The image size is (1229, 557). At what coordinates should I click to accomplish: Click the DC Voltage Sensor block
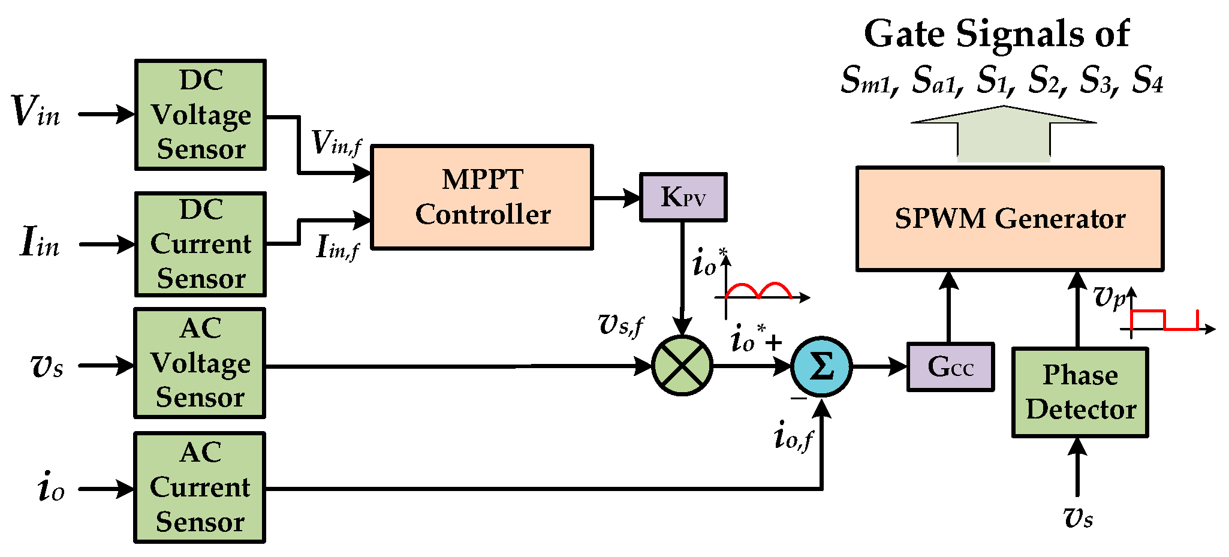[200, 115]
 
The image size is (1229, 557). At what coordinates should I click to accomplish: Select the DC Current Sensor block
[200, 244]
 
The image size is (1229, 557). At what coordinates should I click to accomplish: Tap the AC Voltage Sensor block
[200, 363]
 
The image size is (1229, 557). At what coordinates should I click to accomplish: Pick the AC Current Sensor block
[200, 487]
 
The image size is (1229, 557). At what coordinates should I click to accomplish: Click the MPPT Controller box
[482, 197]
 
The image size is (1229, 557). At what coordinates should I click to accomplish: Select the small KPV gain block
[683, 197]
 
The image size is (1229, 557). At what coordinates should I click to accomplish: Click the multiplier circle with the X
[682, 365]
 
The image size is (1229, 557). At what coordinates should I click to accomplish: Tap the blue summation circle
[821, 366]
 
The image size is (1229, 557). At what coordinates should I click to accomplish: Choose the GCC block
[950, 367]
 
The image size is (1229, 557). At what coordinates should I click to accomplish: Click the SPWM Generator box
[1010, 219]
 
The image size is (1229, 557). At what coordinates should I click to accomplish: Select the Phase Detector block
[1080, 393]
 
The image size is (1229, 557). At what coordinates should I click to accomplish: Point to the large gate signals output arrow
[1004, 135]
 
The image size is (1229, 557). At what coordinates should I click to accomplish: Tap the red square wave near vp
[1163, 320]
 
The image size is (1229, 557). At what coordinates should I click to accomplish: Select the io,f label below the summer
[793, 436]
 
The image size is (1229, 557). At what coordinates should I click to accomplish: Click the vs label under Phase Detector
[1077, 517]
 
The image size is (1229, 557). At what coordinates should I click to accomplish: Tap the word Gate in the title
[905, 34]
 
